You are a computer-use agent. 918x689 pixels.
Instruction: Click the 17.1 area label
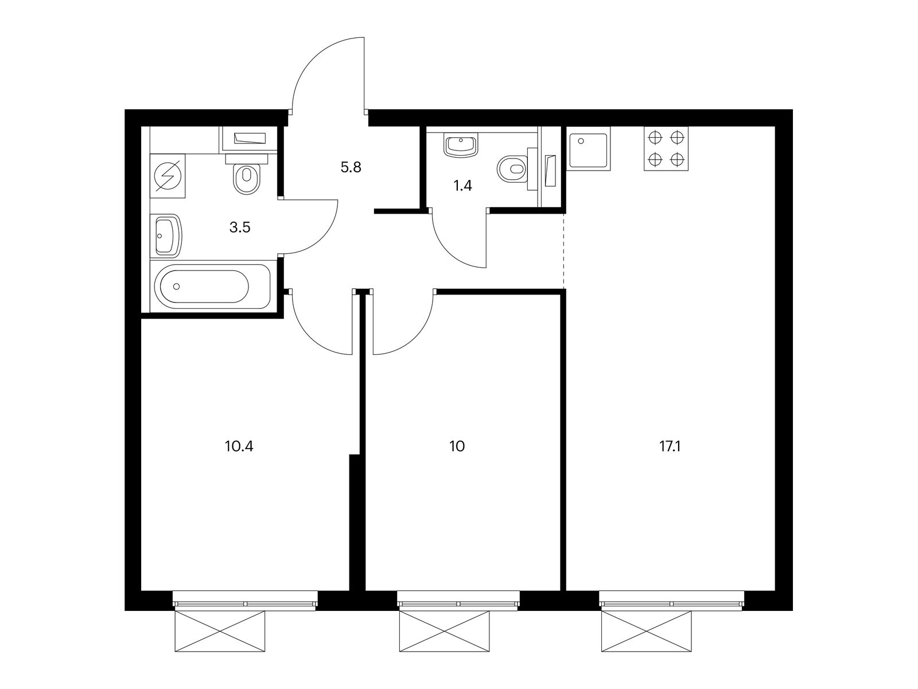[670, 446]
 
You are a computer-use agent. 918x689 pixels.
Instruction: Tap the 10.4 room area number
[239, 446]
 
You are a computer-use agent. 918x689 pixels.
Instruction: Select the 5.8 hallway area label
[351, 168]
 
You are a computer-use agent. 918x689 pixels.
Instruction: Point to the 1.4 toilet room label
[462, 185]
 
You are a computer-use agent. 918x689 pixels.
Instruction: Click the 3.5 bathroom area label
[240, 227]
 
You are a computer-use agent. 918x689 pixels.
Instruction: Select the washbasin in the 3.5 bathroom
[167, 236]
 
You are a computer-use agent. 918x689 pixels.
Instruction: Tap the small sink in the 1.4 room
[460, 145]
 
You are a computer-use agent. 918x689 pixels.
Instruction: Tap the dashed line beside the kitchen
[564, 250]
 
